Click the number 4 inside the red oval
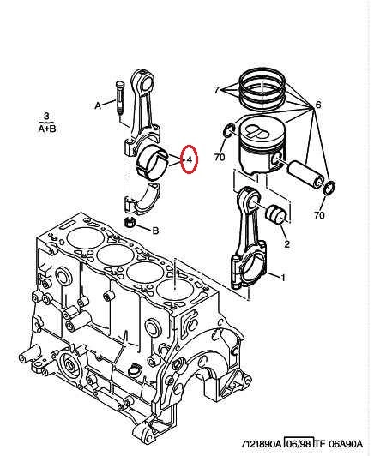pyautogui.click(x=190, y=159)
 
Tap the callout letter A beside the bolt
pyautogui.click(x=98, y=105)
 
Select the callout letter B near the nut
pyautogui.click(x=156, y=231)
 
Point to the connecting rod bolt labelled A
pyautogui.click(x=119, y=97)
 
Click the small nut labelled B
pyautogui.click(x=129, y=223)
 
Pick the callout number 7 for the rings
pyautogui.click(x=216, y=90)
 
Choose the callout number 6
pyautogui.click(x=318, y=105)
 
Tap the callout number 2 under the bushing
pyautogui.click(x=286, y=243)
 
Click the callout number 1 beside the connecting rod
pyautogui.click(x=282, y=278)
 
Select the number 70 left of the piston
pyautogui.click(x=220, y=158)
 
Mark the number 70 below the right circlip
pyautogui.click(x=319, y=215)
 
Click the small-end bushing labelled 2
pyautogui.click(x=276, y=214)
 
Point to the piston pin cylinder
pyautogui.click(x=305, y=174)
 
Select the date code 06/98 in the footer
pyautogui.click(x=299, y=444)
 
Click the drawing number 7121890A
pyautogui.click(x=261, y=444)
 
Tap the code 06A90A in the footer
pyautogui.click(x=346, y=444)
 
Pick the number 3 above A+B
pyautogui.click(x=46, y=117)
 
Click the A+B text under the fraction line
pyautogui.click(x=47, y=129)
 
